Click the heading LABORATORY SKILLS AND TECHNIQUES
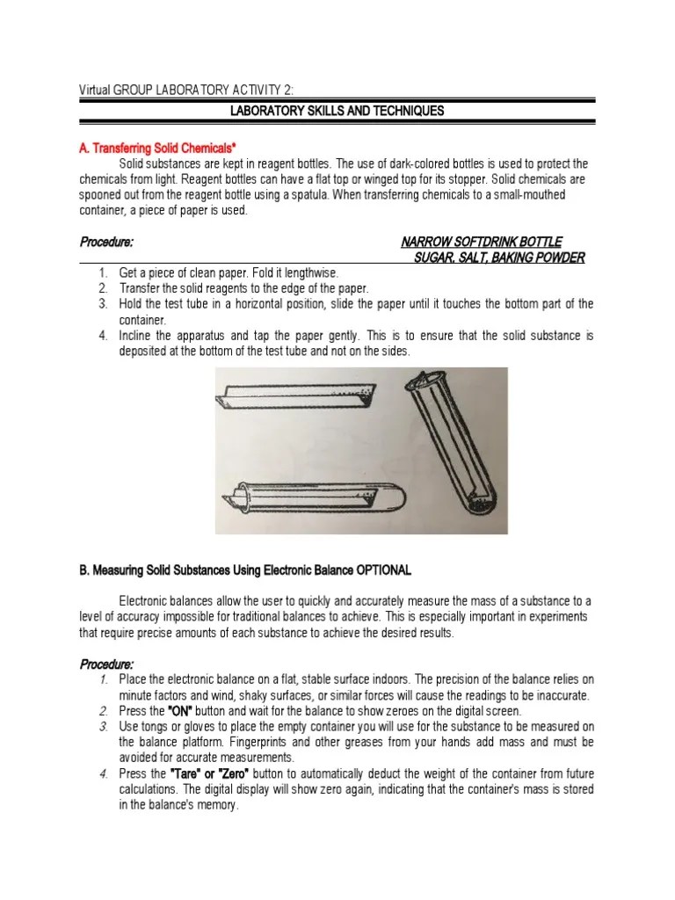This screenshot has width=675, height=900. pyautogui.click(x=337, y=112)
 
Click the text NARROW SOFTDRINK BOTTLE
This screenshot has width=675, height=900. pyautogui.click(x=481, y=242)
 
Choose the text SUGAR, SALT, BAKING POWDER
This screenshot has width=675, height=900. pyautogui.click(x=499, y=257)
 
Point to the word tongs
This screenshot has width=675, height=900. pyautogui.click(x=153, y=727)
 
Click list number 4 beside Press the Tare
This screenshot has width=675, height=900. pyautogui.click(x=102, y=773)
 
